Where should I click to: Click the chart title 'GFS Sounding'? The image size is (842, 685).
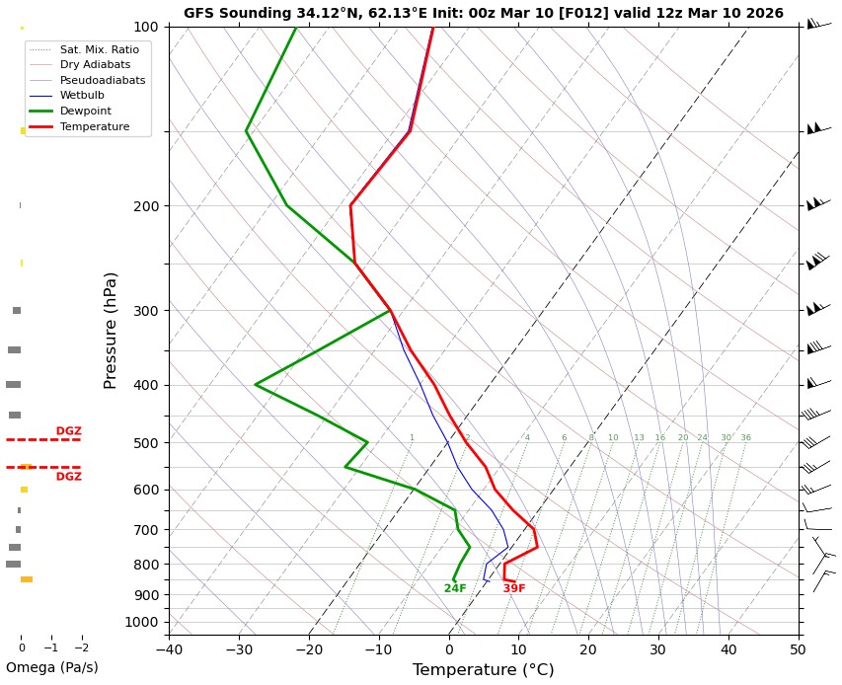[483, 13]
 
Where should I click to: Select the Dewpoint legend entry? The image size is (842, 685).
[85, 112]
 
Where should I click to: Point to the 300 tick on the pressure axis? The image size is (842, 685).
[146, 311]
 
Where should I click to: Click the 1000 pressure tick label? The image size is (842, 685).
[142, 622]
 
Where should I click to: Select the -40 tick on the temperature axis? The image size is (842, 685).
[169, 649]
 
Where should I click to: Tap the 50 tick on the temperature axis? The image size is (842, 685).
[798, 649]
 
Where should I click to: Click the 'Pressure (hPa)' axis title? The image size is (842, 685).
[112, 330]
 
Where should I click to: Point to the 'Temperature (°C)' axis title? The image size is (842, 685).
[483, 670]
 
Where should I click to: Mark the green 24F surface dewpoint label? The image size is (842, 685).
[455, 589]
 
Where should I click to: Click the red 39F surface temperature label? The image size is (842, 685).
[514, 589]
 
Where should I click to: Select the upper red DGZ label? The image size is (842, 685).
[69, 431]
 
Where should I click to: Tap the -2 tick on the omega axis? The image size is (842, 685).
[82, 648]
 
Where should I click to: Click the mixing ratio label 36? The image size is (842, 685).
[745, 438]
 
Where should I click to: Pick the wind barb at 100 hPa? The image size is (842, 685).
[817, 24]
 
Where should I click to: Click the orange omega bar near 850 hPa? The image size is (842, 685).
[27, 579]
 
